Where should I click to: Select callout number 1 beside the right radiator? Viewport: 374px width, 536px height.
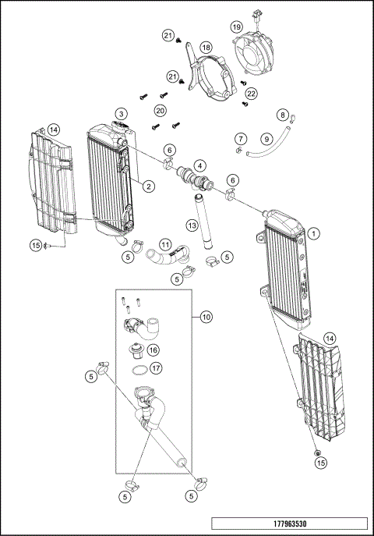[313, 233]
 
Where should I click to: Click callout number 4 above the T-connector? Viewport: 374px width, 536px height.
[200, 165]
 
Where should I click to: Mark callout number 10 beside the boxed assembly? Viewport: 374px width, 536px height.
[206, 317]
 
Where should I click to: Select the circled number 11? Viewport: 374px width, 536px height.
[164, 244]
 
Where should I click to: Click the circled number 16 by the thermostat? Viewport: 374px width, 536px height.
[153, 350]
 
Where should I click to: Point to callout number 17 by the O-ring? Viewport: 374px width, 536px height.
[157, 368]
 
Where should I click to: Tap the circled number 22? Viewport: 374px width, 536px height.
[251, 94]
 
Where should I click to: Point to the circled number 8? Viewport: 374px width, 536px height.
[283, 115]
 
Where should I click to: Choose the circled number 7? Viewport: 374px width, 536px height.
[242, 139]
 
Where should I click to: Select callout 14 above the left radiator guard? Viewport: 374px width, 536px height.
[53, 129]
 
